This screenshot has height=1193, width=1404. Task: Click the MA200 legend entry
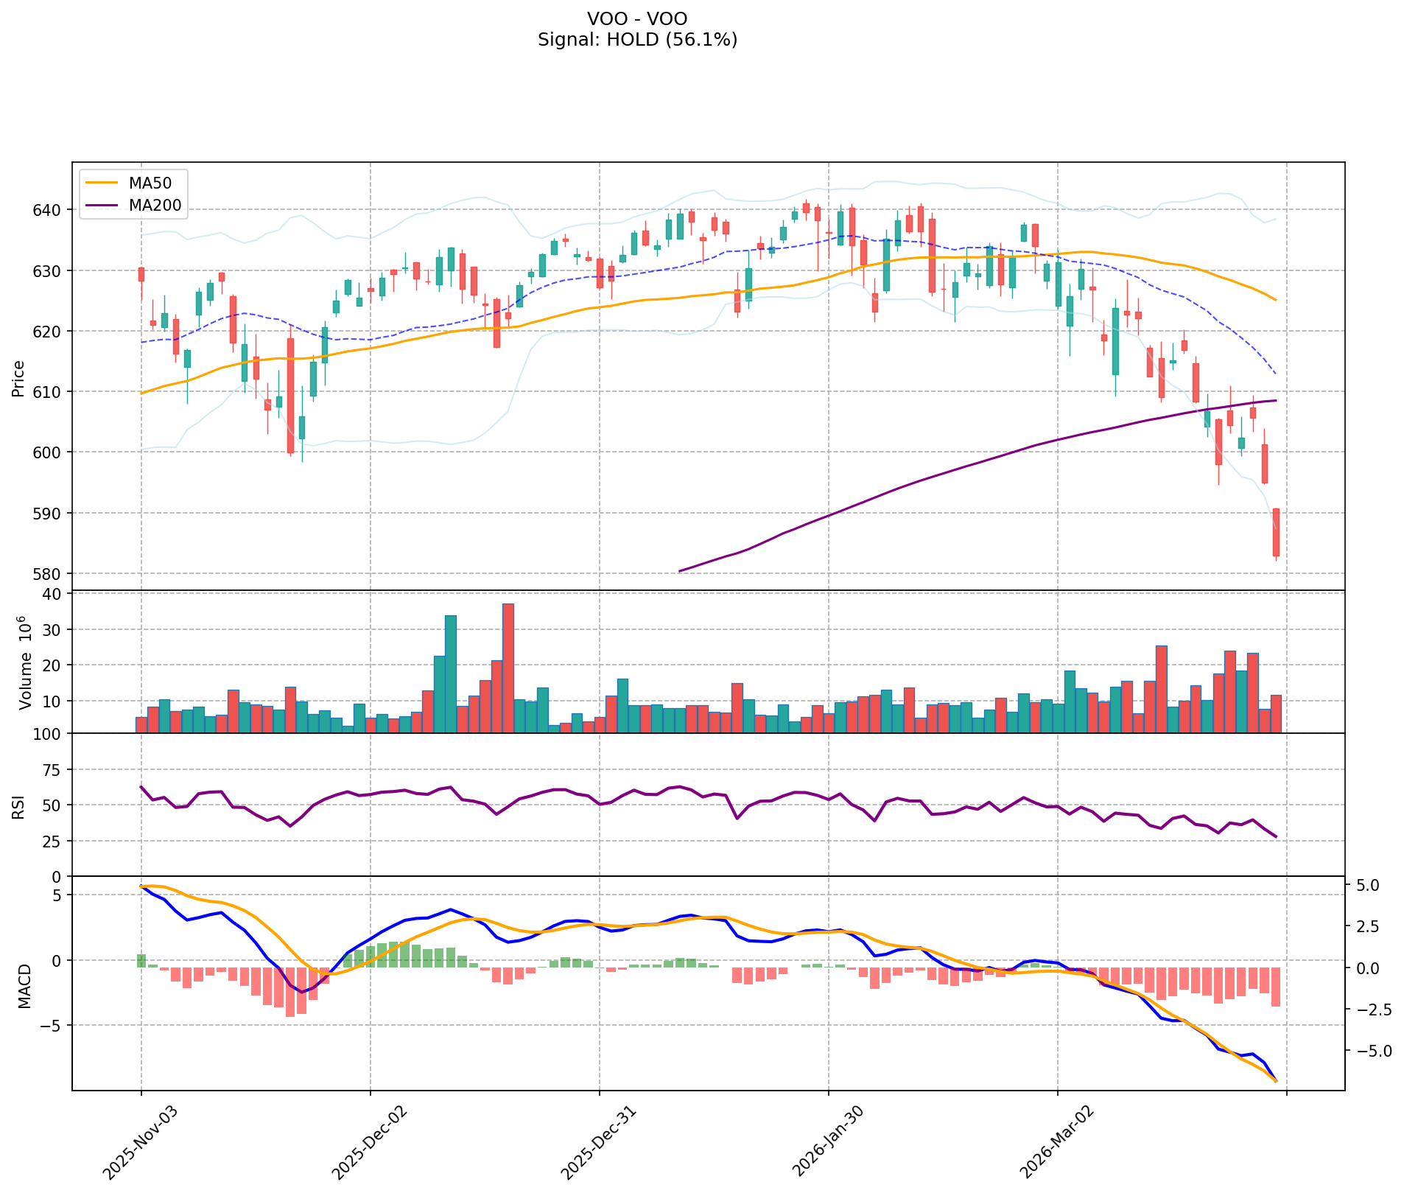tap(155, 206)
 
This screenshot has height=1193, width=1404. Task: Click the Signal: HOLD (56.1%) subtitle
tap(637, 40)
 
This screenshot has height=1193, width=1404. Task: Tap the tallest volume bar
tap(508, 668)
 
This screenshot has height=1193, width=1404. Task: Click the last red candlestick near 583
tap(1276, 532)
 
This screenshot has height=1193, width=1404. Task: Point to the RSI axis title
tap(18, 805)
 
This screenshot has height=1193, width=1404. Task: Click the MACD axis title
tap(25, 986)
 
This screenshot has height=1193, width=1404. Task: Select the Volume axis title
tap(25, 662)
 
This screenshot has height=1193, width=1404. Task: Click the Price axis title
tap(18, 379)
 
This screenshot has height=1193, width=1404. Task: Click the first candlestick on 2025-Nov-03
tap(141, 274)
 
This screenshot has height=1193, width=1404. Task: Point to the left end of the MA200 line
tap(679, 571)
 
